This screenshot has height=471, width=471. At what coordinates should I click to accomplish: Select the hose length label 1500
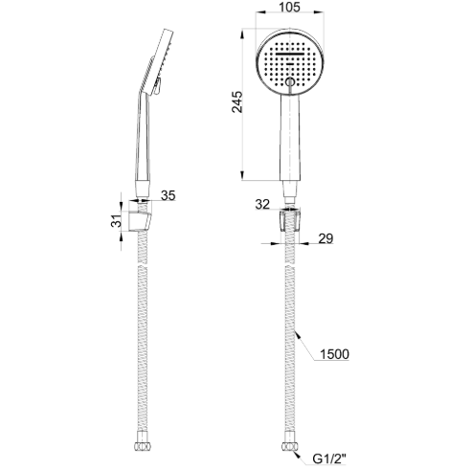coord(333,353)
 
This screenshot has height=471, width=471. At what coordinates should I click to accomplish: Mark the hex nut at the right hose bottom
coord(288,448)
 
